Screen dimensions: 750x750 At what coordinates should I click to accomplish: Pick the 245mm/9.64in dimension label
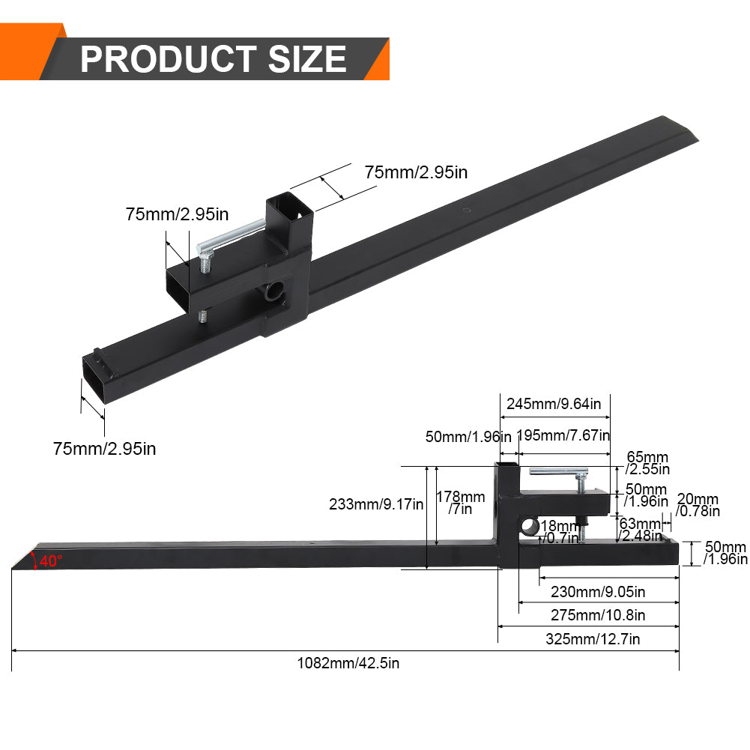click(x=554, y=404)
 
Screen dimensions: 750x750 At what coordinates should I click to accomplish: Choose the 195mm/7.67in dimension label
click(x=563, y=435)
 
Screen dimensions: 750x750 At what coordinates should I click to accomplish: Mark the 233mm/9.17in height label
click(x=376, y=504)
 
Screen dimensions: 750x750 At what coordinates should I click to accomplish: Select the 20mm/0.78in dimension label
click(x=698, y=505)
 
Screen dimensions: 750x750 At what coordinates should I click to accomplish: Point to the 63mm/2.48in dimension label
click(x=640, y=529)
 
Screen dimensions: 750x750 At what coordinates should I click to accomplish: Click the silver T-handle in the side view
click(x=558, y=471)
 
